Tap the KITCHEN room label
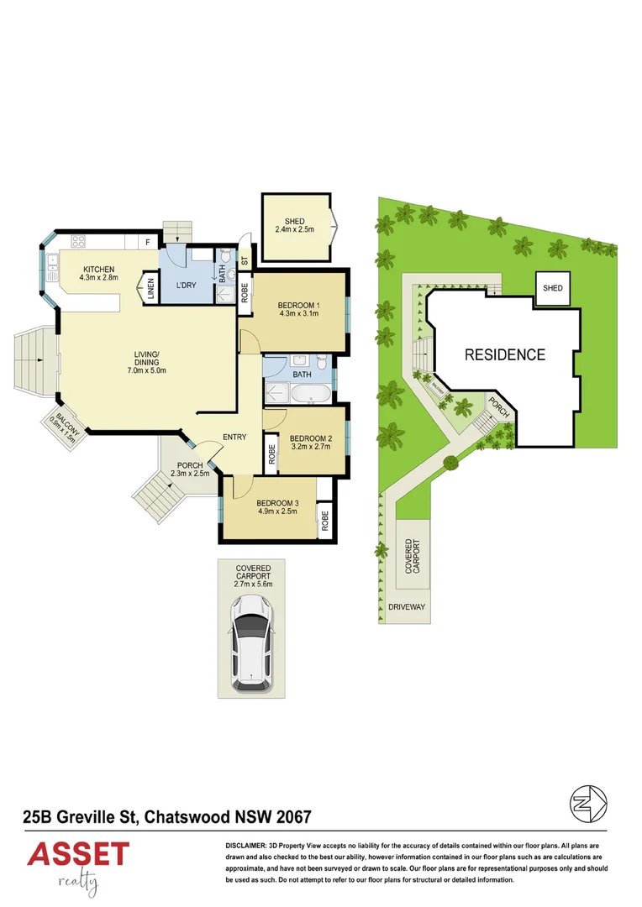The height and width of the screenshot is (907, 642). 98,269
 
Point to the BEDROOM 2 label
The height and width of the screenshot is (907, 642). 310,438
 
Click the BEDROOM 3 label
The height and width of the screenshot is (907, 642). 277,502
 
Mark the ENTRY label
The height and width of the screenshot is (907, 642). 234,436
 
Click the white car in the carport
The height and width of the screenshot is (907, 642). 251,637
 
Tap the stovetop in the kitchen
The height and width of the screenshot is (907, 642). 79,242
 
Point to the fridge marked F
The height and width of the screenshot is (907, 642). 148,243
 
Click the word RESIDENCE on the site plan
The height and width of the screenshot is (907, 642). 505,354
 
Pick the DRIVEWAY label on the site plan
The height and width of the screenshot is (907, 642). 408,606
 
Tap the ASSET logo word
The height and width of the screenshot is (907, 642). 78,856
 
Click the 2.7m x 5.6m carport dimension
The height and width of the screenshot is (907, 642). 253,584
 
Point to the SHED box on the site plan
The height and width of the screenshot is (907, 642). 553,288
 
